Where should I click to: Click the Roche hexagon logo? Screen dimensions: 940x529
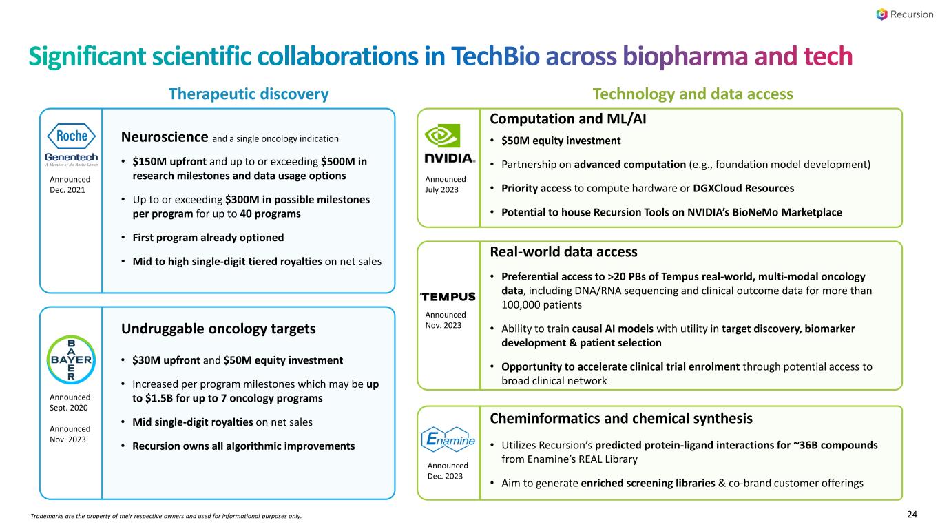72,136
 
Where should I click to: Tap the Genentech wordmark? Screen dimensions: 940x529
72,158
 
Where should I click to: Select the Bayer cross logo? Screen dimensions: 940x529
71,360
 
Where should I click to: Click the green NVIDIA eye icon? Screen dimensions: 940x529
442,136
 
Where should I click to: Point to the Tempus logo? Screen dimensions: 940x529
448,297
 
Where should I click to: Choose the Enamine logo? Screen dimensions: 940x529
448,439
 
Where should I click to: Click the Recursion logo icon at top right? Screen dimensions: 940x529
881,14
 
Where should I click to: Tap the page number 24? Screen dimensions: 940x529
912,515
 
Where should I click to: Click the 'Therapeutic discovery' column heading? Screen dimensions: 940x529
249,94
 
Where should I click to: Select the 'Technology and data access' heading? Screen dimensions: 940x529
692,94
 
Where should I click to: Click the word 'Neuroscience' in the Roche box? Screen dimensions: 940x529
165,137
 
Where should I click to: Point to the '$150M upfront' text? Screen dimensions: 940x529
169,162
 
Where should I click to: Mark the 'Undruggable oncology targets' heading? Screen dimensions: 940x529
218,329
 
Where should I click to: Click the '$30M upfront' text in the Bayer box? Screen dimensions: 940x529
166,360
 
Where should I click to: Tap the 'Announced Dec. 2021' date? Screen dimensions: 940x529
70,185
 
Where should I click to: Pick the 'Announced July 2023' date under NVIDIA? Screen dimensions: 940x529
446,185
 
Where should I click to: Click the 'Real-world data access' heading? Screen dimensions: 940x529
563,251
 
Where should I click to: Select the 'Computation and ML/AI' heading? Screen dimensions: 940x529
567,118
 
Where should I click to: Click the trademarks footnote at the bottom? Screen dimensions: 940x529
166,516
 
